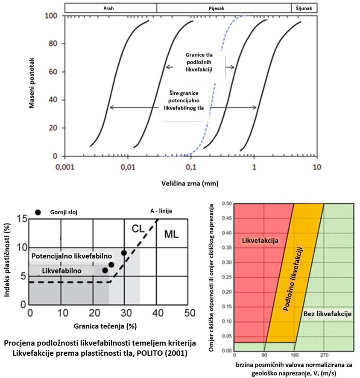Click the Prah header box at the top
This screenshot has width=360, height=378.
click(x=111, y=8)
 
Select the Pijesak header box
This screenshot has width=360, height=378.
click(x=224, y=8)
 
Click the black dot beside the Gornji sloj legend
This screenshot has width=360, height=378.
click(x=38, y=212)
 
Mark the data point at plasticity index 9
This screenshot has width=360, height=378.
click(x=124, y=253)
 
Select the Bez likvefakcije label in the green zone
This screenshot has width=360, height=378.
click(x=328, y=314)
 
